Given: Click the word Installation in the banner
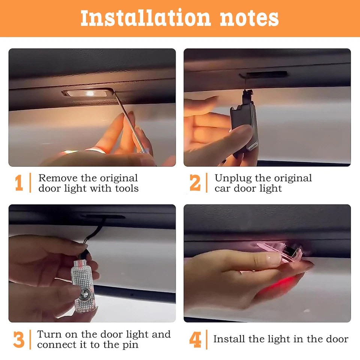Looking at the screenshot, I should [x=141, y=18].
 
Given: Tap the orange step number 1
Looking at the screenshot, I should [x=19, y=183].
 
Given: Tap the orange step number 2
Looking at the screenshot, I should [x=195, y=183].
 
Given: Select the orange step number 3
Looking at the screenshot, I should [x=18, y=339].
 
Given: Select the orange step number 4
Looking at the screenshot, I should [x=195, y=339].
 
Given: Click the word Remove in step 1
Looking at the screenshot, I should [x=57, y=178].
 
